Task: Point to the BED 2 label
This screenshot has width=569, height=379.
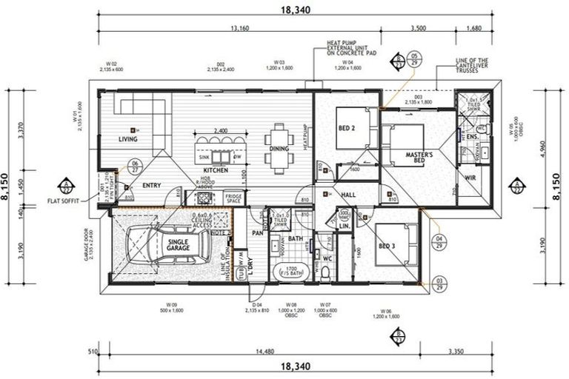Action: (x=347, y=127)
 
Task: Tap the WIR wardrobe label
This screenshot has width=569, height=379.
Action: (x=470, y=178)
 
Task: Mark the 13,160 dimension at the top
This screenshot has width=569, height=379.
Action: (x=240, y=28)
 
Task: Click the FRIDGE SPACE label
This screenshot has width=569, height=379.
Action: (x=233, y=199)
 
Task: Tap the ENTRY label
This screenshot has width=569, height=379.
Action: (x=151, y=186)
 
